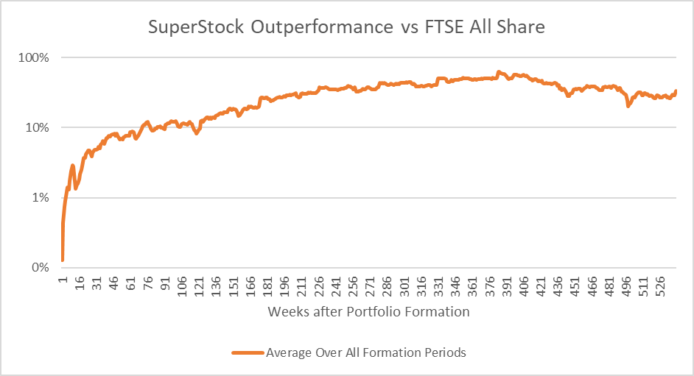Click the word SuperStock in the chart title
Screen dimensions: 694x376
point(196,27)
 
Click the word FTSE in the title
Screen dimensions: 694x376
point(444,26)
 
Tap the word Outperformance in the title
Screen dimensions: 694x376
point(322,27)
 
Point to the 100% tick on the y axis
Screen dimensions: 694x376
point(34,57)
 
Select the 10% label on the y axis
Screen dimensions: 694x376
point(37,128)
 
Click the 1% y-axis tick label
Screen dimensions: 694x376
point(41,197)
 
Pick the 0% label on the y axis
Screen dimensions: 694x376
point(41,268)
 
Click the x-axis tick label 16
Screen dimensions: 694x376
point(80,283)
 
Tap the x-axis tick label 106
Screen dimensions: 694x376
point(182,286)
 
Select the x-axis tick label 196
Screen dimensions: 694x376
point(284,286)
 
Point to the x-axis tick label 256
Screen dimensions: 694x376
point(353,286)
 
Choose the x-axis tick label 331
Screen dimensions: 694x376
point(438,286)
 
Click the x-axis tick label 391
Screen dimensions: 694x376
point(506,286)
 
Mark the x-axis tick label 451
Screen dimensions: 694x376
point(575,286)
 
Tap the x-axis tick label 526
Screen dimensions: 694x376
point(660,286)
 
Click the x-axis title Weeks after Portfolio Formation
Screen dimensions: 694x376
point(368,312)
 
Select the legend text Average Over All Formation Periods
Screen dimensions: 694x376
point(366,352)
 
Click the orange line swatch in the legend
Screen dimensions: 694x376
point(248,352)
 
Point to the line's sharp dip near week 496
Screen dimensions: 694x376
point(628,106)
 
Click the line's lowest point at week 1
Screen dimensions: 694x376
point(63,260)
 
